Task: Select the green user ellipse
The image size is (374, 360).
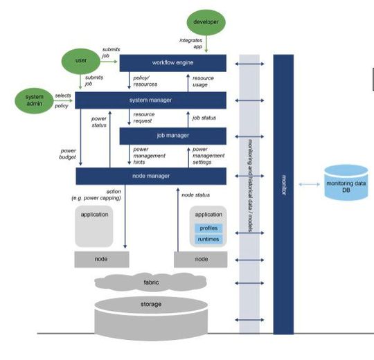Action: (80, 60)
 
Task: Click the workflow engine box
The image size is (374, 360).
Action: (173, 64)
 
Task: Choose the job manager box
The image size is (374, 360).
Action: (173, 136)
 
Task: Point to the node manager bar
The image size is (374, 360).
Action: (151, 177)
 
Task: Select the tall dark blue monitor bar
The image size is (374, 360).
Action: (283, 194)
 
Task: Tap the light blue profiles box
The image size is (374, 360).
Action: (208, 228)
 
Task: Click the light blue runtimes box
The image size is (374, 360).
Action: (208, 239)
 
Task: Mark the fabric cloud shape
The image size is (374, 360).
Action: (151, 283)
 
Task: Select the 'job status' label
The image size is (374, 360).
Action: (204, 118)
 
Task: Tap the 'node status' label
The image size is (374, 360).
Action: (195, 195)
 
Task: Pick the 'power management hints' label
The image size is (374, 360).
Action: (148, 156)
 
